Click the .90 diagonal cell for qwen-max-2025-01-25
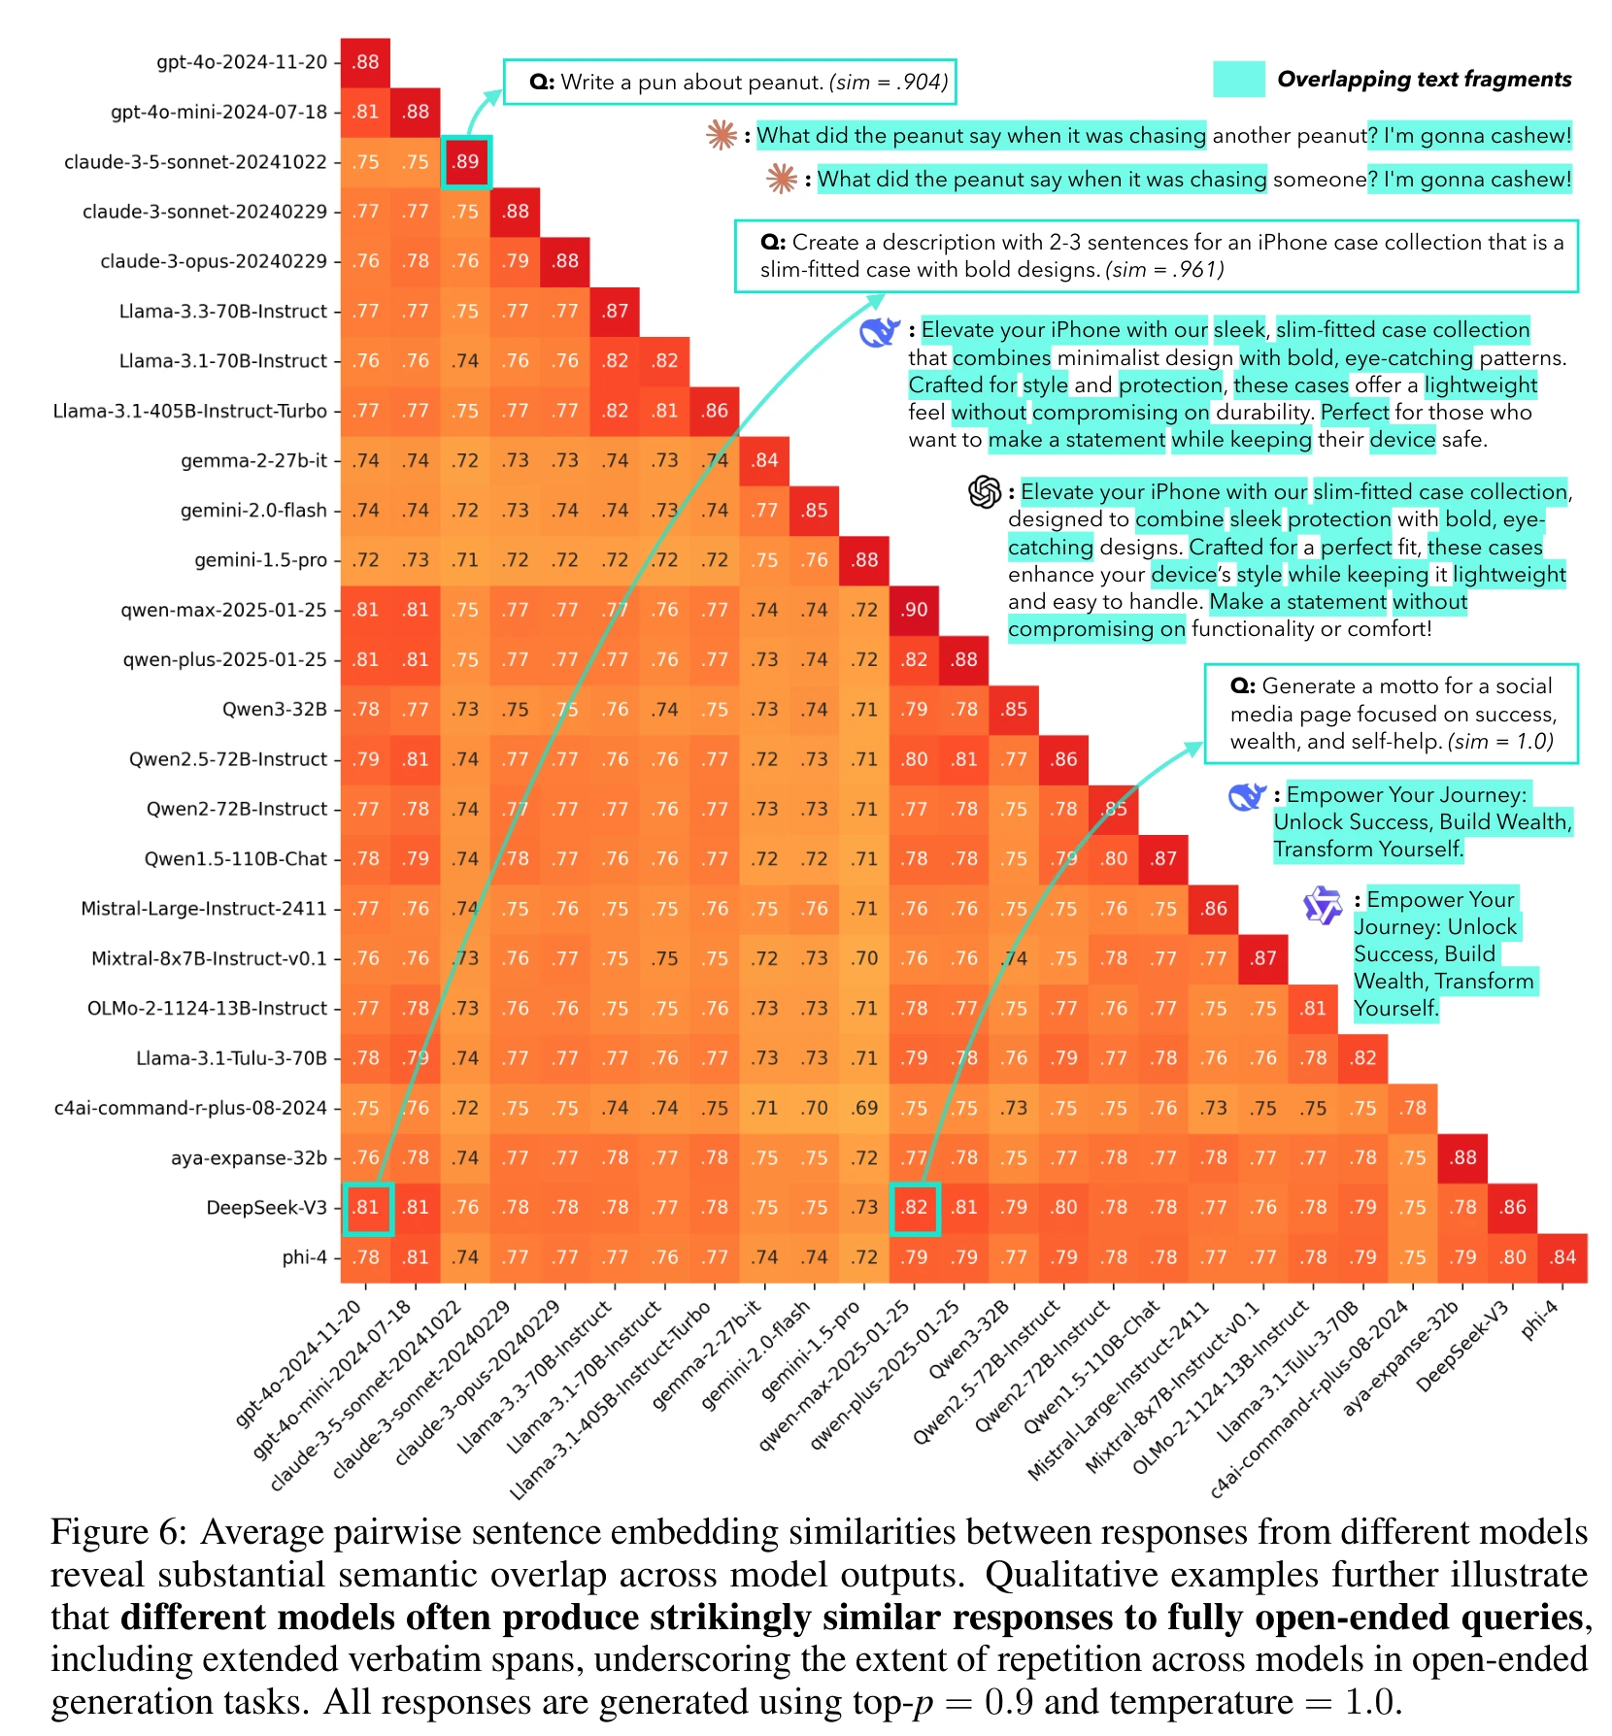pos(915,610)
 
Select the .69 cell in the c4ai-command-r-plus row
pos(864,1108)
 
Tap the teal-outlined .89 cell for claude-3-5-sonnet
pos(466,161)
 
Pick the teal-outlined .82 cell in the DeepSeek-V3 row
pos(915,1208)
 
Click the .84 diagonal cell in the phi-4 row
pos(1562,1257)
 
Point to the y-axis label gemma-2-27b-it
pos(253,460)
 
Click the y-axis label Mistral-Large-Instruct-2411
pos(204,909)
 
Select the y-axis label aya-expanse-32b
pos(249,1158)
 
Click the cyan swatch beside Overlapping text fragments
pos(1238,79)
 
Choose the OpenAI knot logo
pos(985,492)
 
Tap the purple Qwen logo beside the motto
pos(1323,905)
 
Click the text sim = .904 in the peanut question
pos(890,83)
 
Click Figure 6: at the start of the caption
pos(118,1532)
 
